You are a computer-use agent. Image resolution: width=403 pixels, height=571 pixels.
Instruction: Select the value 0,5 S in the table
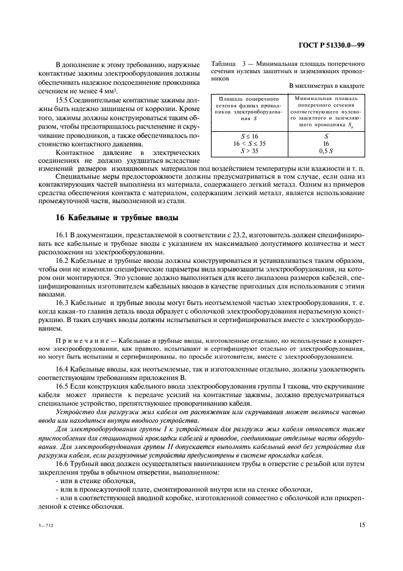tap(326, 151)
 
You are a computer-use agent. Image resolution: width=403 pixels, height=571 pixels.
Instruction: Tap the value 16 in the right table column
tap(326, 144)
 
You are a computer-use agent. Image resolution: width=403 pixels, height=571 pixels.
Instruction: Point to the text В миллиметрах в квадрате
tap(326, 86)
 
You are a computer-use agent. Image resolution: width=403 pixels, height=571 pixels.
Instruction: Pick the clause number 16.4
tap(62, 369)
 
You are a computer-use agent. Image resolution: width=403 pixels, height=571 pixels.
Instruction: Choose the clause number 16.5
tap(62, 387)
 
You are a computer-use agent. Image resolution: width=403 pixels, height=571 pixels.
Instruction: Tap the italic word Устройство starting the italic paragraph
tap(73, 412)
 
